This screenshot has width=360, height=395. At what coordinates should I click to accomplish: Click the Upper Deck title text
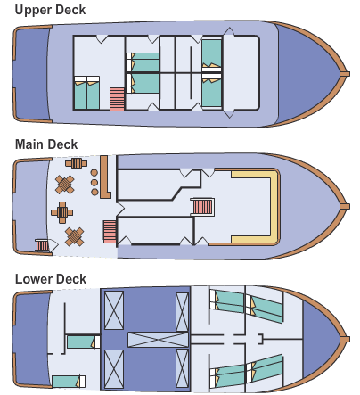pos(50,10)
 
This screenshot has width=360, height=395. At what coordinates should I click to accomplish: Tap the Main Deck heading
pos(46,144)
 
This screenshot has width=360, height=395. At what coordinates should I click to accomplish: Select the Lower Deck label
pos(51,279)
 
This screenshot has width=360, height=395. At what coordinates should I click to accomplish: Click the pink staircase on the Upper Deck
pos(117,99)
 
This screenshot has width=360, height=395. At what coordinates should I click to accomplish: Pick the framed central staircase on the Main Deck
pos(202,207)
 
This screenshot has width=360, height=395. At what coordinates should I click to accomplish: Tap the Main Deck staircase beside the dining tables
pos(110,232)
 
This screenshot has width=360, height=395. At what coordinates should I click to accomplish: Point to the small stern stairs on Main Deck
pos(42,245)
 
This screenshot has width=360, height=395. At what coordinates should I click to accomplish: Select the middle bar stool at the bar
pos(94,182)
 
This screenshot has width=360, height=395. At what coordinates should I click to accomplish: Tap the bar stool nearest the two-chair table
pos(94,173)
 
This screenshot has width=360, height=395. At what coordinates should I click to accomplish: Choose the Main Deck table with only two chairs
pos(77,163)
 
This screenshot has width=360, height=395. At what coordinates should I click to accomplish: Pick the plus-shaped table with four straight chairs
pos(62,212)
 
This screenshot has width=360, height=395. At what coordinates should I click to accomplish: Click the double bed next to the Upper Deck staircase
pos(86,93)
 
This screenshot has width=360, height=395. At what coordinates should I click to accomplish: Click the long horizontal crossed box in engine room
pos(158,340)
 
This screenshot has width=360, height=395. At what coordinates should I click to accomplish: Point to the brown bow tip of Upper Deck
pos(345,74)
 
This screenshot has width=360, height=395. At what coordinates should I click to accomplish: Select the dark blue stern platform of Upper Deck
pos(31,74)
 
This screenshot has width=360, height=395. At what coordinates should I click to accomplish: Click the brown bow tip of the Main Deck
pos(345,206)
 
